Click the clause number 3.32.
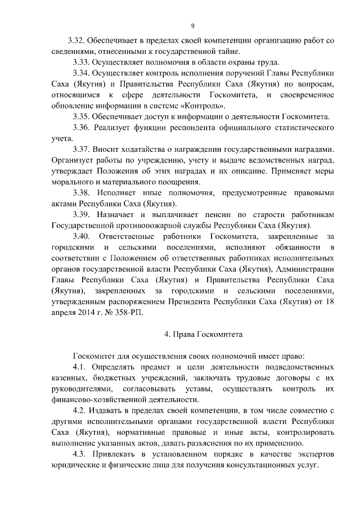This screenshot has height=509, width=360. [75, 41]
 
